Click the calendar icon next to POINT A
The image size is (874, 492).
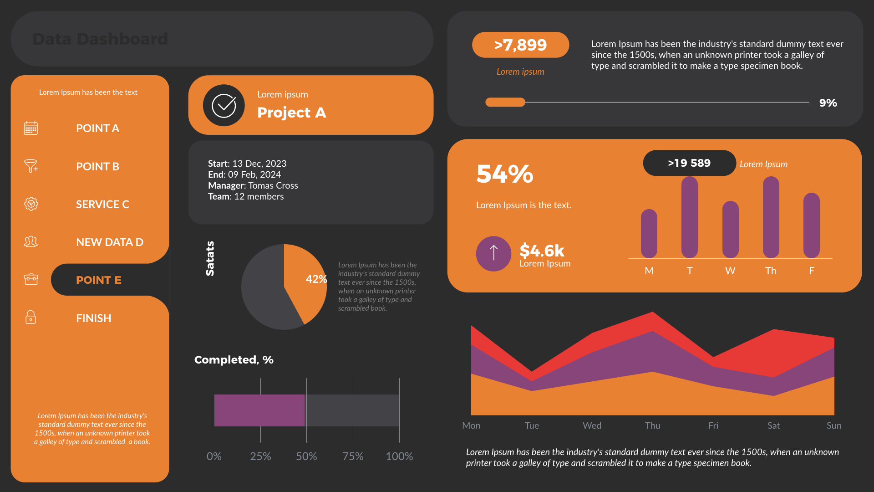31,128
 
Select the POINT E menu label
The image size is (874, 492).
98,280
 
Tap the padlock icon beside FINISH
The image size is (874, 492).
31,317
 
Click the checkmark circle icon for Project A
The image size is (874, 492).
224,105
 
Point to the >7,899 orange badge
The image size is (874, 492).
520,45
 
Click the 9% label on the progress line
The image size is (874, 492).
828,103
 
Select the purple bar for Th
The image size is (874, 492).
771,217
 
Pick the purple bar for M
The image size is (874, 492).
649,234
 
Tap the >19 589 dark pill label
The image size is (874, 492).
689,163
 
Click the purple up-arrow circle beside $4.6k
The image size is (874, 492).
493,253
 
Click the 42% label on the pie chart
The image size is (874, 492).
316,279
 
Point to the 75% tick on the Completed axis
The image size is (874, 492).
353,456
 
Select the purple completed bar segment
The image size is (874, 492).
259,410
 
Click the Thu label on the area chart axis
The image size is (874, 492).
652,425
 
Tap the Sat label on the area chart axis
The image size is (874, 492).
773,425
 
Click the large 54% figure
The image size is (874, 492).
504,174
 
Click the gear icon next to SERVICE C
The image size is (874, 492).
31,204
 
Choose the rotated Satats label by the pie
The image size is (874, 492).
210,258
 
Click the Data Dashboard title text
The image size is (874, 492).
100,39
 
